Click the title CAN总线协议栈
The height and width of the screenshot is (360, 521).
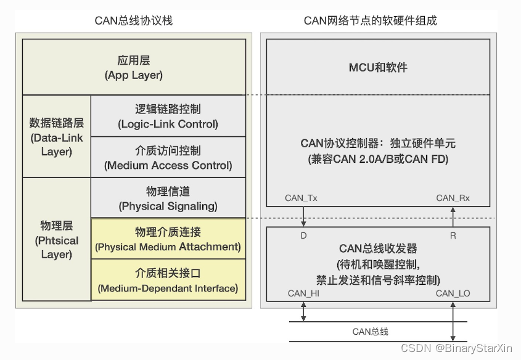[134, 20]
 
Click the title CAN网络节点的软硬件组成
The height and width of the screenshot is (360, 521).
[370, 20]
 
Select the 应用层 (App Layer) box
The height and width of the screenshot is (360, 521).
[134, 68]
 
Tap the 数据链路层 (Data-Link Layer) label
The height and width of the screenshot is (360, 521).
[56, 136]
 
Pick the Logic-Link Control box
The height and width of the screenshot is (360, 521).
[168, 117]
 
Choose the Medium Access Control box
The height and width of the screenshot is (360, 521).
[168, 158]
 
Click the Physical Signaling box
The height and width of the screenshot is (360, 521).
[168, 198]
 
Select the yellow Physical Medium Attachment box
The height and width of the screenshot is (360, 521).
[168, 239]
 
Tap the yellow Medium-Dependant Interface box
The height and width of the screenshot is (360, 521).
[168, 280]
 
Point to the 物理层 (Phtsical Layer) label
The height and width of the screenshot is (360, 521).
[56, 240]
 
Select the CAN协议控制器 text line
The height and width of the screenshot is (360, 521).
[378, 143]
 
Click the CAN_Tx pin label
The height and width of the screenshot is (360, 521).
[301, 198]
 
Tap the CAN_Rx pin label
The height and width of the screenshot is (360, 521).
[453, 198]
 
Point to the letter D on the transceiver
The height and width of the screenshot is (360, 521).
[303, 235]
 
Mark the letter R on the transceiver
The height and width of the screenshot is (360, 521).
[453, 235]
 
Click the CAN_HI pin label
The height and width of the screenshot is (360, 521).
[303, 293]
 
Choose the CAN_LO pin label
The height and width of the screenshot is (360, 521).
[453, 293]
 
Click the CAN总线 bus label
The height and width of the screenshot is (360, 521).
[370, 332]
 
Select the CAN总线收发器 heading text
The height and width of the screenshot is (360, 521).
[378, 249]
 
